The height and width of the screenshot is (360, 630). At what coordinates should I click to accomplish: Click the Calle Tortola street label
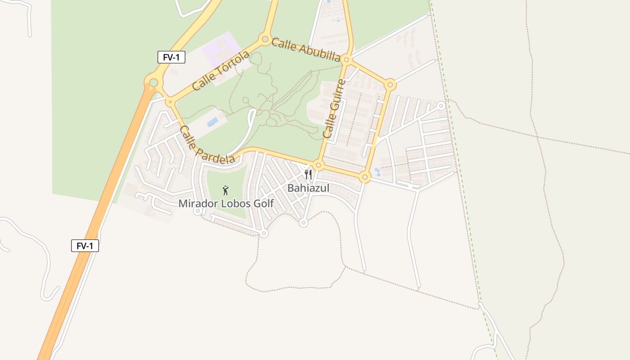220,71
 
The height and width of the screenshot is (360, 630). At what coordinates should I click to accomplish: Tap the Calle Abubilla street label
306,49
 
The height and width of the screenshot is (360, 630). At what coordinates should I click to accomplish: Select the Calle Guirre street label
334,109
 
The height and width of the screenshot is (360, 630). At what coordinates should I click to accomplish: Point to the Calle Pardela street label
207,145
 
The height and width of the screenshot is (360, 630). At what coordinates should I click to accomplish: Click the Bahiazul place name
308,188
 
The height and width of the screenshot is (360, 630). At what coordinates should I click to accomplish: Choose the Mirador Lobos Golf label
226,203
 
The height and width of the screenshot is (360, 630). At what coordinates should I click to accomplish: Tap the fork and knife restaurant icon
308,175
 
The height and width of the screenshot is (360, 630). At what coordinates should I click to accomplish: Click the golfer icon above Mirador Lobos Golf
226,190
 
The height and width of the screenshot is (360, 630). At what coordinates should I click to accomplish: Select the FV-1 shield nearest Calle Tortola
171,57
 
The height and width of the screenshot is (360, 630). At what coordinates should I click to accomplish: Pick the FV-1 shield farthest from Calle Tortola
85,246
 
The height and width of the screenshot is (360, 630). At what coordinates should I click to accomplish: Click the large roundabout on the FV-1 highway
153,83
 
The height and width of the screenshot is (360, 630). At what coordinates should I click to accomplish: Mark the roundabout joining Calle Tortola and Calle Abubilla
265,39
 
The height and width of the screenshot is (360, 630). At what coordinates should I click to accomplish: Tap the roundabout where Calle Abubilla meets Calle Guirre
346,59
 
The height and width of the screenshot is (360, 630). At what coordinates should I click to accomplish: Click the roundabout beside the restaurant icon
318,165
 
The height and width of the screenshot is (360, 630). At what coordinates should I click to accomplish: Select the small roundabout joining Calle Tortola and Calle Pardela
170,103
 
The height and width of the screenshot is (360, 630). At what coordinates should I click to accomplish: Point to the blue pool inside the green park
212,122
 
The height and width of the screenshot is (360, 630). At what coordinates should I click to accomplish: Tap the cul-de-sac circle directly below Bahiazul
304,222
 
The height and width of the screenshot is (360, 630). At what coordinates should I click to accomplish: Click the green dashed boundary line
463,180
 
